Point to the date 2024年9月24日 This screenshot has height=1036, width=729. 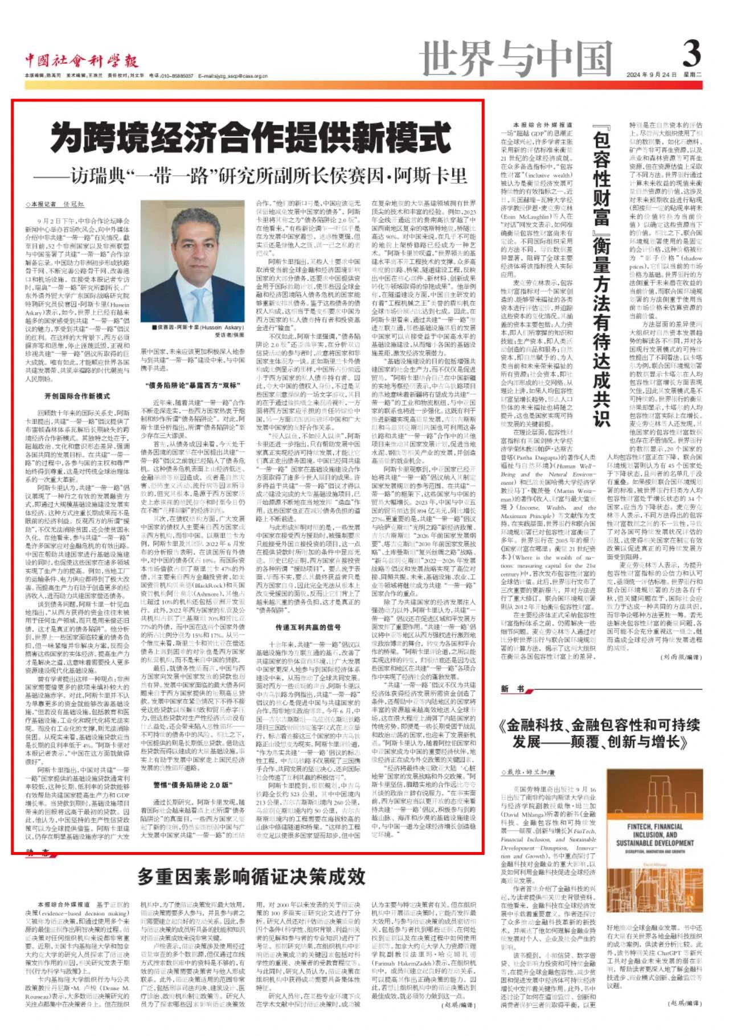coord(662,75)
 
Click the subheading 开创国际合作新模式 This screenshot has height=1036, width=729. coord(76,395)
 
